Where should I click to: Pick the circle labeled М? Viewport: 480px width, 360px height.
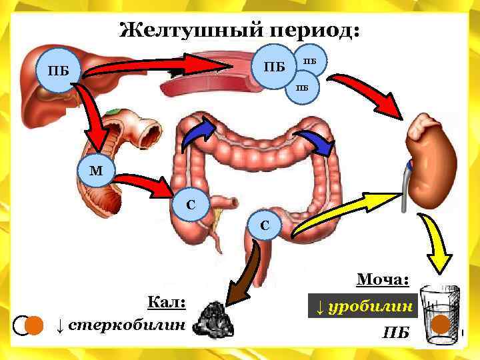[x=96, y=171]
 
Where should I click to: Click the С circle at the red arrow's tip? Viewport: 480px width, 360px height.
[x=191, y=205]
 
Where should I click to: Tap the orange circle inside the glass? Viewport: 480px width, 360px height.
[x=441, y=325]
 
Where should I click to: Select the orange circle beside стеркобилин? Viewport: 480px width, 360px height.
[x=33, y=325]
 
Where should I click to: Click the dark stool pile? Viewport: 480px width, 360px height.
[x=214, y=319]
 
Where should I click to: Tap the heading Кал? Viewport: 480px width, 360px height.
[x=166, y=303]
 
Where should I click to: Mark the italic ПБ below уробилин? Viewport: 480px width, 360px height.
[x=395, y=332]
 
